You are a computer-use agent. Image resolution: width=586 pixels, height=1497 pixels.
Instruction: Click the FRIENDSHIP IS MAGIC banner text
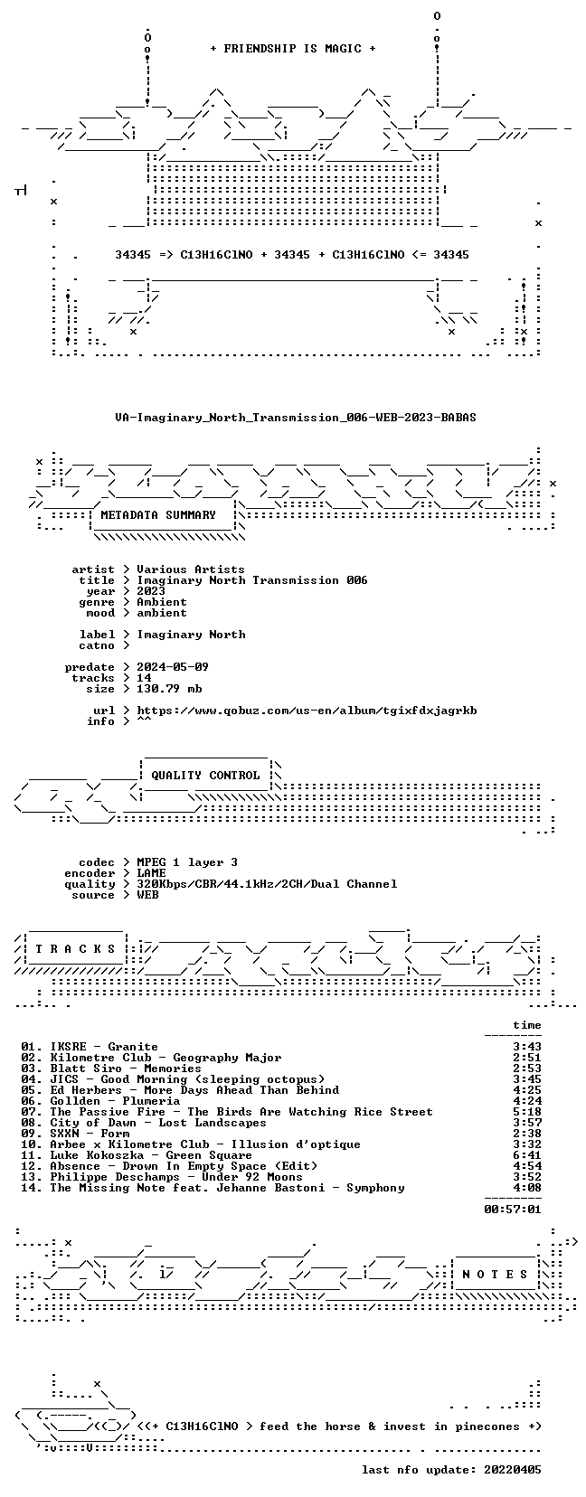pos(293,49)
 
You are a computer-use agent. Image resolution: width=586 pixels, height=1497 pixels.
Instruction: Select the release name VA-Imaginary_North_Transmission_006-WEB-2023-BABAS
pos(296,418)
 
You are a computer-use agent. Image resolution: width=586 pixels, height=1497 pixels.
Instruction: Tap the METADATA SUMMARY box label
pos(158,515)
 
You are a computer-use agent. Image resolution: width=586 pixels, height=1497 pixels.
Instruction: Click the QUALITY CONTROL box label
pos(205,776)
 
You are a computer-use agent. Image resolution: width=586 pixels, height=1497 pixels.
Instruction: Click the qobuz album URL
pos(307,711)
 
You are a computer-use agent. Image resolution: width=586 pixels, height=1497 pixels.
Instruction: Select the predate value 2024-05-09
pos(173,667)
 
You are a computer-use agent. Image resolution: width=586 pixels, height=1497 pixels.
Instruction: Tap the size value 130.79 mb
pos(169,688)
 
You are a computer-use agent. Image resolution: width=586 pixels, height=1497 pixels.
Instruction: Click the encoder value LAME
pos(151,873)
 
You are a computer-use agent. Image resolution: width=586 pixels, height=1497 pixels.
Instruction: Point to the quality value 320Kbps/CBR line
pos(267,884)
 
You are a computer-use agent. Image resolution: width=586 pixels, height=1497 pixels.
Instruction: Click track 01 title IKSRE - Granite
pos(104,1047)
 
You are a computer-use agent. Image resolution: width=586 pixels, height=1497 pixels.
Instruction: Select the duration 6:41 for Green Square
pos(527,1154)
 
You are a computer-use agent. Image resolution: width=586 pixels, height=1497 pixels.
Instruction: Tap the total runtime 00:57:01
pos(513,1209)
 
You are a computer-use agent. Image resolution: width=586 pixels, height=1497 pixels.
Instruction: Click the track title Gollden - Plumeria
pos(115,1101)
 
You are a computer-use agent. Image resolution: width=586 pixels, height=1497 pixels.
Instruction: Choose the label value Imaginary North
pos(191,635)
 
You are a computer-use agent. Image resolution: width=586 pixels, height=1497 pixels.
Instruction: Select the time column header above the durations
pos(527,1025)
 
